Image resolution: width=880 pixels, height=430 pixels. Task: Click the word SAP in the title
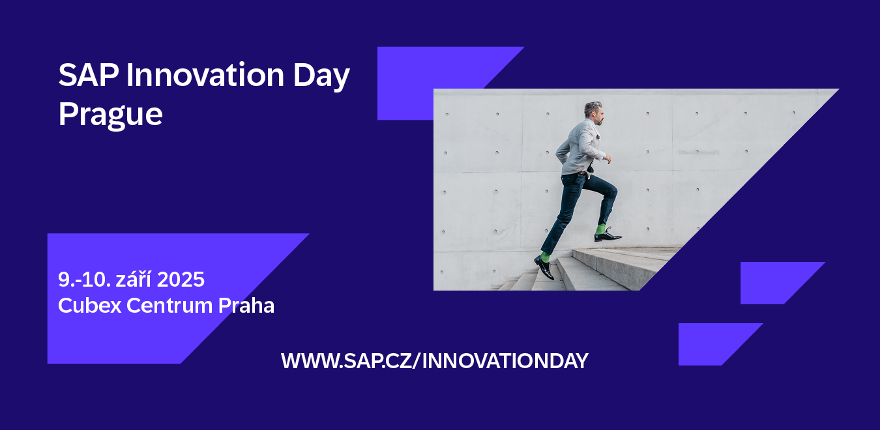(x=89, y=75)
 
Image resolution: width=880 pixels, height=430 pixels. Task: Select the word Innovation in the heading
(x=205, y=75)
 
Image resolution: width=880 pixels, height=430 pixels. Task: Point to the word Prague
(x=110, y=115)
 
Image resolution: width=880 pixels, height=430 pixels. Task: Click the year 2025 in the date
(x=181, y=279)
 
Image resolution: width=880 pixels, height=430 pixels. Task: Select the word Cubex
(x=89, y=305)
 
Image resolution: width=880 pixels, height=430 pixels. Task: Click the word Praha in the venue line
(x=246, y=305)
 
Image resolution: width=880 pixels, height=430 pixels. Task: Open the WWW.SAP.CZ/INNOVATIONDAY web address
(x=435, y=361)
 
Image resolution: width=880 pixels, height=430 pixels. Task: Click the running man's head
(x=594, y=113)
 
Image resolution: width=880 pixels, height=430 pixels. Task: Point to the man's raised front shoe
(x=608, y=236)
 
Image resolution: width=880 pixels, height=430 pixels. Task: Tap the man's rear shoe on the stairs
(x=544, y=267)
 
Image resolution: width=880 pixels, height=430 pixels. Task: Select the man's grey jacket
(x=579, y=147)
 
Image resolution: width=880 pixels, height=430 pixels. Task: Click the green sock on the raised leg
(x=600, y=229)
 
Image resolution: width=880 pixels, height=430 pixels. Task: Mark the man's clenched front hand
(x=608, y=158)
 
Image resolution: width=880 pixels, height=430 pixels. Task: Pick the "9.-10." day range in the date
(x=85, y=279)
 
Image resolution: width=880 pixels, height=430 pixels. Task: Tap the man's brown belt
(x=581, y=173)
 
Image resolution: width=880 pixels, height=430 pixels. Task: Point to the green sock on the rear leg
(x=545, y=257)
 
